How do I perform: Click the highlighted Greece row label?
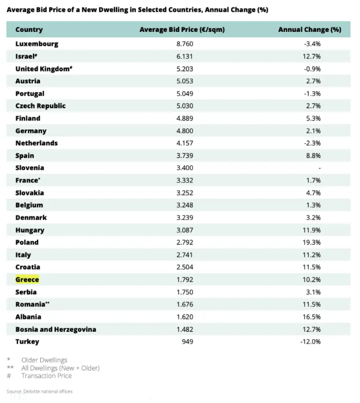click(27, 279)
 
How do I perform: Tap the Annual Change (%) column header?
click(309, 30)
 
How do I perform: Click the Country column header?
click(29, 30)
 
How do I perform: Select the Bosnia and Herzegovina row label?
click(55, 329)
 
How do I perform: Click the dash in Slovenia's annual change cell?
click(319, 168)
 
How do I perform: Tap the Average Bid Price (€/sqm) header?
click(182, 30)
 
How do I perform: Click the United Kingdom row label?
click(44, 68)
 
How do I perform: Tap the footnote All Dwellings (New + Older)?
click(60, 368)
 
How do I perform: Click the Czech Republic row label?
click(40, 106)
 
